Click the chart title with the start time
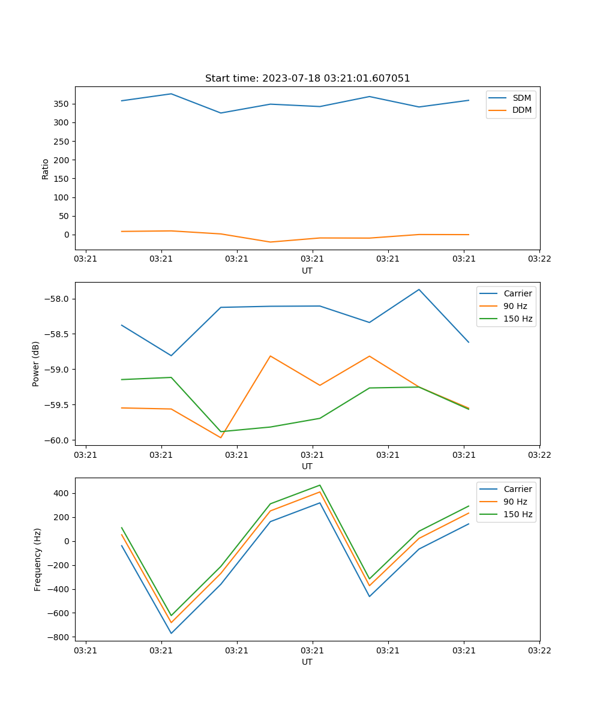(x=307, y=79)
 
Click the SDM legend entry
(x=521, y=97)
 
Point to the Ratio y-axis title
(x=46, y=169)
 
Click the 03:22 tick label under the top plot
(x=539, y=259)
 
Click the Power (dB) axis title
(x=36, y=364)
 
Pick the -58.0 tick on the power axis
(x=58, y=299)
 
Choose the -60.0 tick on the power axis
(x=58, y=440)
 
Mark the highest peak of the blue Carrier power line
(x=419, y=290)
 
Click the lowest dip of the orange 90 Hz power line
(x=221, y=437)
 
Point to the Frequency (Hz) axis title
(x=38, y=559)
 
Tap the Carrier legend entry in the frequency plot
(x=517, y=489)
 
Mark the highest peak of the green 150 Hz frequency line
(x=320, y=485)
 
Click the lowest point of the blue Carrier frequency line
(x=171, y=633)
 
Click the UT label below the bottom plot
(x=307, y=662)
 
